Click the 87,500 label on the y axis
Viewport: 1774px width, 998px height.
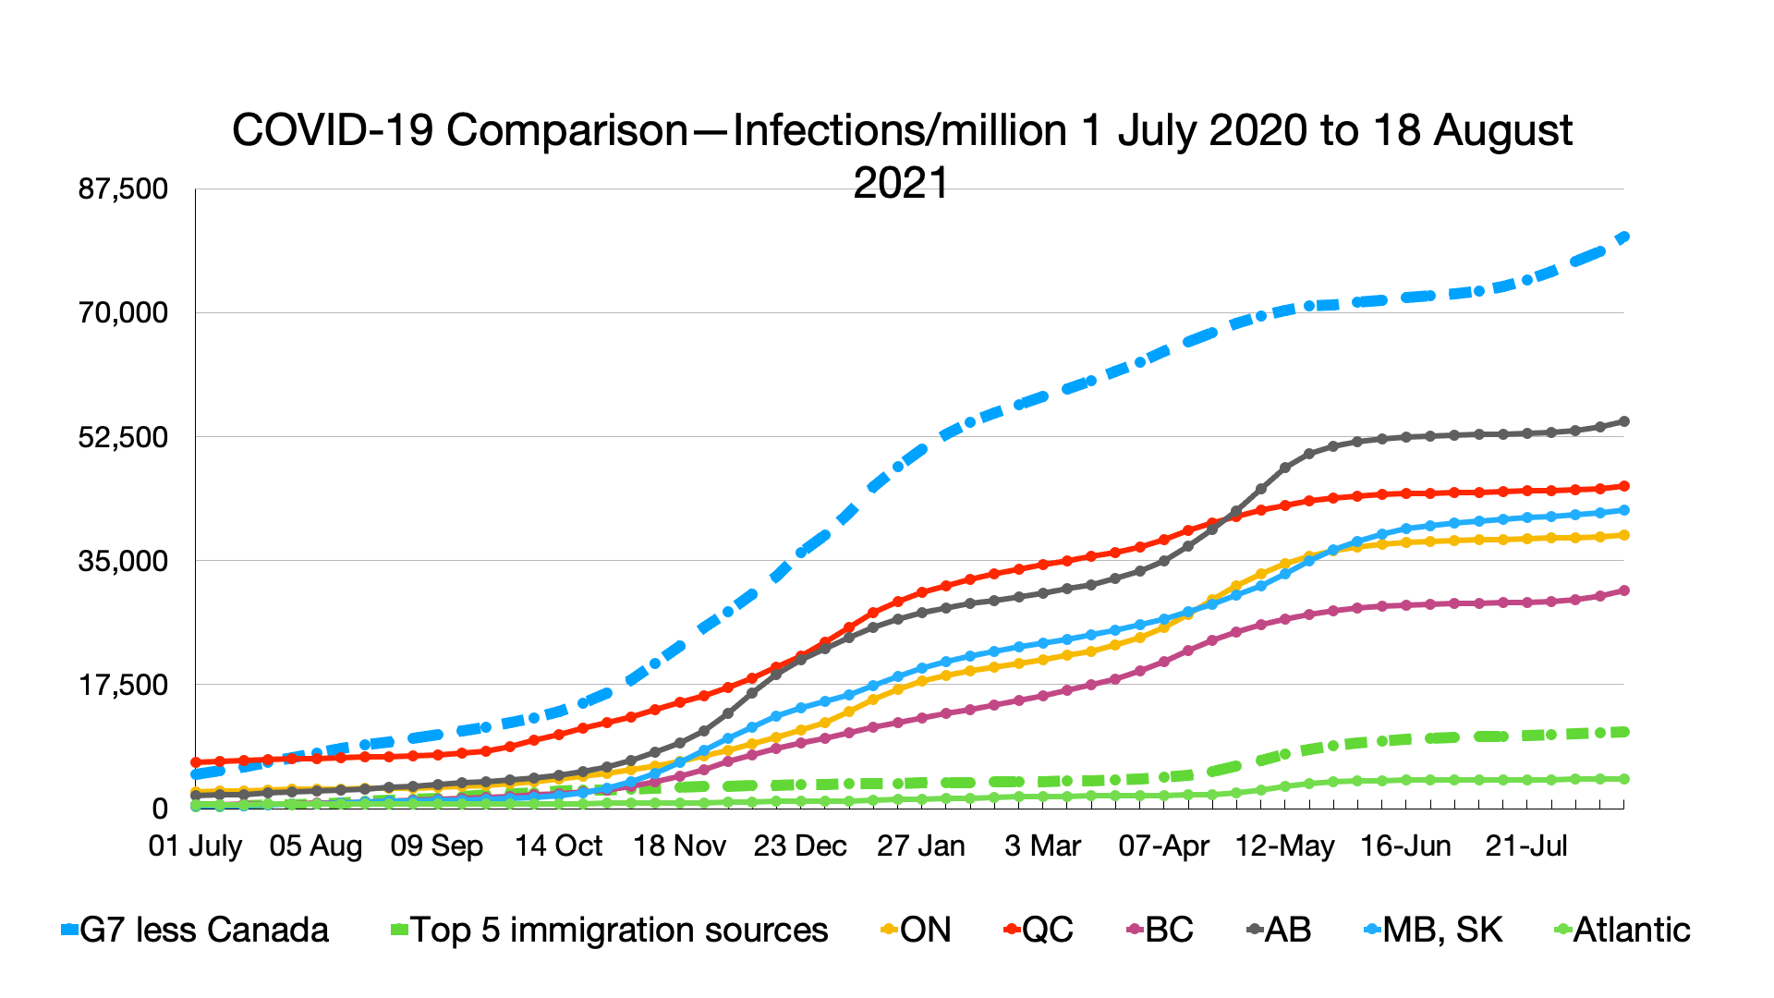[123, 189]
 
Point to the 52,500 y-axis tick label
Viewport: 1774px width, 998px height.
[123, 437]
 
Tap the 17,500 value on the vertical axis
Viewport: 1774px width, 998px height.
[123, 685]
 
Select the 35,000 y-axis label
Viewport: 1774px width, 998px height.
[123, 561]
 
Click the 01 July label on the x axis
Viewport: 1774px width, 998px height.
[195, 846]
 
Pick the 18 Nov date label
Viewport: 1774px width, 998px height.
[679, 846]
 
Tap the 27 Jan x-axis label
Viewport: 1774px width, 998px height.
[920, 846]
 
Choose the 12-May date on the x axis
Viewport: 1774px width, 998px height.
[1284, 846]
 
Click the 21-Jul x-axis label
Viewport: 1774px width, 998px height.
[1526, 846]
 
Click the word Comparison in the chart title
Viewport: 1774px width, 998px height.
[567, 130]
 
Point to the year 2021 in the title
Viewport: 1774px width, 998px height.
[901, 183]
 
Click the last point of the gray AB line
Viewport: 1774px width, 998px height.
[1624, 421]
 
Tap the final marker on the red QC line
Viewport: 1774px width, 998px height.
[1624, 486]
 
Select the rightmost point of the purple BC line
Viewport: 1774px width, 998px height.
[1624, 590]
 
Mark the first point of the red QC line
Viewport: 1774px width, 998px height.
[196, 762]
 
